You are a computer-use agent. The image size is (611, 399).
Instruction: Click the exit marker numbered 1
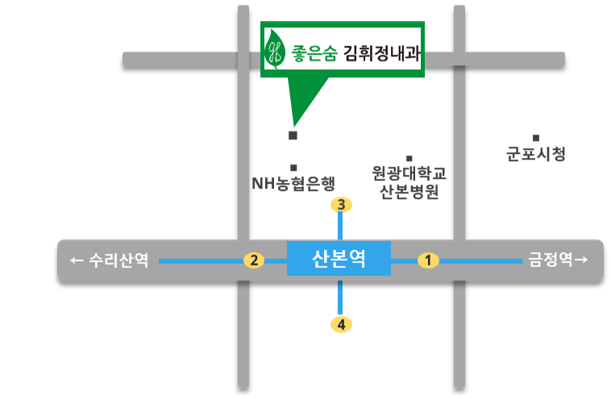(428, 260)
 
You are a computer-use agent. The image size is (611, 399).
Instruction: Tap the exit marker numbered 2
(254, 260)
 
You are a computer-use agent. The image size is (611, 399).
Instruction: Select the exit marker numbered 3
(342, 205)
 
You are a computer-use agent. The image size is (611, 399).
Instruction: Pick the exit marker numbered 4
(342, 324)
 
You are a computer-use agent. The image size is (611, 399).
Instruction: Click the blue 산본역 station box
(339, 259)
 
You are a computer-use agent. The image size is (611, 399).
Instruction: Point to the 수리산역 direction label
(110, 260)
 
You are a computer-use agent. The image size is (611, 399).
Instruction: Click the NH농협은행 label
(293, 184)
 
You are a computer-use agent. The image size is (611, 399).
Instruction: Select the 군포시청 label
(536, 153)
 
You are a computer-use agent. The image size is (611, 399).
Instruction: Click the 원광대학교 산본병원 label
(409, 183)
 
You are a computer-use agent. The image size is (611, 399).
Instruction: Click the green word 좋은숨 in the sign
(314, 52)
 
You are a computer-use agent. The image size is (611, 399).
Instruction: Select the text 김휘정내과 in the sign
(382, 52)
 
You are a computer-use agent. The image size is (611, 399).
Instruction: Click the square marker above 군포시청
(535, 138)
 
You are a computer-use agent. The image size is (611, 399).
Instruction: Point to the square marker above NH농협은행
(293, 167)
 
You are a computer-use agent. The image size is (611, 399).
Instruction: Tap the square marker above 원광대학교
(409, 158)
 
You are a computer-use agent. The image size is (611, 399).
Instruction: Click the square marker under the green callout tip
(293, 135)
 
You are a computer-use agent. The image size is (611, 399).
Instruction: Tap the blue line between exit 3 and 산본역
(342, 227)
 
